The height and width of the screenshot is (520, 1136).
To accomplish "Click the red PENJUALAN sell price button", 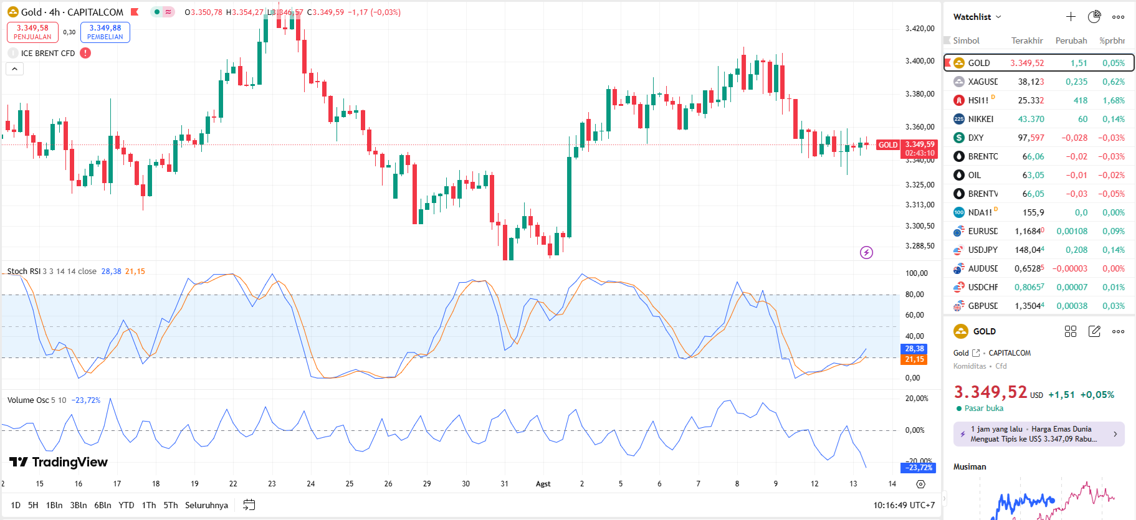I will (x=32, y=32).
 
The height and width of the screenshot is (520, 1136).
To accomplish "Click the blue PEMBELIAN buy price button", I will (x=105, y=32).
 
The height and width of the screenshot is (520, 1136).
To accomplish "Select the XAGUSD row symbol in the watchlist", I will (x=982, y=82).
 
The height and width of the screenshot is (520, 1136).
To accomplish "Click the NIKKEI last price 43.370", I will (x=1031, y=119).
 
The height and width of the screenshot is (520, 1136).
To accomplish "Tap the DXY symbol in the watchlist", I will (x=975, y=138).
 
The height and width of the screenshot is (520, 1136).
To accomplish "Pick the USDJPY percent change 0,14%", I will (x=1113, y=250).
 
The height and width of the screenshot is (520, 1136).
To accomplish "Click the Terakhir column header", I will (x=1026, y=40).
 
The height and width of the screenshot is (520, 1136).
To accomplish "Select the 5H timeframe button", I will (x=33, y=505).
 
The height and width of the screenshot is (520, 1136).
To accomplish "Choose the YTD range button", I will (x=126, y=505).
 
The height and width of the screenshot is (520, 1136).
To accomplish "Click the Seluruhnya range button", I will (x=206, y=505).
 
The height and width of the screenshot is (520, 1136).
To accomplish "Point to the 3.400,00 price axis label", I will (x=919, y=61).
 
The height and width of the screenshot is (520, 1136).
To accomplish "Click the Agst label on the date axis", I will (x=543, y=484).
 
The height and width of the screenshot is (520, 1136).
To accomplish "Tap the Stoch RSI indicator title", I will (x=24, y=271).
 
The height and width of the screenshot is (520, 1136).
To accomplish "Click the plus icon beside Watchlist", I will (x=1071, y=17).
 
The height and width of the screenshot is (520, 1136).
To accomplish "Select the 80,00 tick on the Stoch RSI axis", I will (x=914, y=295).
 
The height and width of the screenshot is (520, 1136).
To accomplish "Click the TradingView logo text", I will (x=59, y=461).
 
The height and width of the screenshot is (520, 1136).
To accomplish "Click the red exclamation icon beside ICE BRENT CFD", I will (x=85, y=53).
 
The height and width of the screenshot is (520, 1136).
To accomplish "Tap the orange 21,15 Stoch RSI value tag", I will (x=914, y=359).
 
